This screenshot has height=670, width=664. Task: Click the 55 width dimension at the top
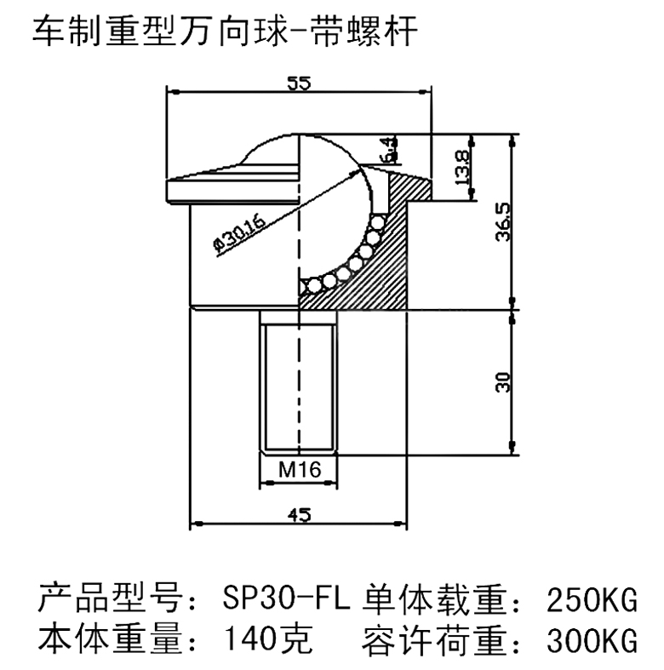click(x=299, y=83)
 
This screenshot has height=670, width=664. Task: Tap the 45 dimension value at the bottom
click(x=299, y=515)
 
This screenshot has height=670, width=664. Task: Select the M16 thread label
click(x=300, y=470)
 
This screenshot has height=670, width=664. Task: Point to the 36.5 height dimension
click(x=503, y=222)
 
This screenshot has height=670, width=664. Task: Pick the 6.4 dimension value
click(x=390, y=150)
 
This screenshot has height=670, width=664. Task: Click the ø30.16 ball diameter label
click(x=240, y=234)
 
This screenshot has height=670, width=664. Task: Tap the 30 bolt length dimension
click(x=503, y=382)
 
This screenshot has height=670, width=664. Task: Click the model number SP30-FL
click(x=286, y=598)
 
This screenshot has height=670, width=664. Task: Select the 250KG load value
click(x=592, y=599)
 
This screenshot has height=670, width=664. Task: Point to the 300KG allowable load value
click(x=592, y=640)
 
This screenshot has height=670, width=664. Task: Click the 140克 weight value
click(x=268, y=639)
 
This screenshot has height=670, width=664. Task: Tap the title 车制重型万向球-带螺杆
click(x=226, y=31)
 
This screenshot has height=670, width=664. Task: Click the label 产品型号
click(x=110, y=598)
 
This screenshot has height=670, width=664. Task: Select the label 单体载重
click(x=434, y=598)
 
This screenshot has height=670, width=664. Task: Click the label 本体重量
click(x=110, y=639)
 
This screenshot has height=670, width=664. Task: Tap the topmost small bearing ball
click(x=378, y=222)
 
